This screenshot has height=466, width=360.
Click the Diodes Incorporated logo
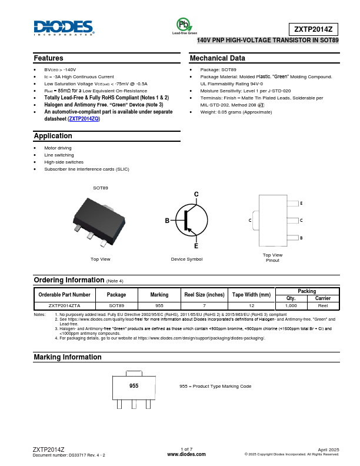point(64,27)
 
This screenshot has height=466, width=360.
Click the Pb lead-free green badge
point(184,25)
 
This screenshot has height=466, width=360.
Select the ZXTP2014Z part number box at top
point(314,29)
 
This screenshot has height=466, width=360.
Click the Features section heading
point(48,58)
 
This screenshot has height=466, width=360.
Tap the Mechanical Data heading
point(217,58)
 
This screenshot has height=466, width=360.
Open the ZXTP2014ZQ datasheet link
point(84,119)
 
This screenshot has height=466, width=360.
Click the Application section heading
point(53,136)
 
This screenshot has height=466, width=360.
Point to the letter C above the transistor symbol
point(196,194)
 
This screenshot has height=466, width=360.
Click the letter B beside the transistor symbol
point(167,220)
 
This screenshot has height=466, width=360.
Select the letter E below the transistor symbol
point(196,246)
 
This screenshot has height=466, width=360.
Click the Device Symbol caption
point(186,259)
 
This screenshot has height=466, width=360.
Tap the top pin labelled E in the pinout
point(301,203)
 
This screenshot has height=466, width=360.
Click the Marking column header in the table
point(159,294)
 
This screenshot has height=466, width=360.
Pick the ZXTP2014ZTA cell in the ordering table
point(65,306)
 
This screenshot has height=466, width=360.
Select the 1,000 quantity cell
point(291,306)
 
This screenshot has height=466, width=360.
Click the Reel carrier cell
point(323,306)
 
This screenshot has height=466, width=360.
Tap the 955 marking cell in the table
point(159,306)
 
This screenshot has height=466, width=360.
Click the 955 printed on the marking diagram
point(134,385)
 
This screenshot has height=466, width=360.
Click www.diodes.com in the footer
point(186,454)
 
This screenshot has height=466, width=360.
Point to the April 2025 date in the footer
point(329,449)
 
